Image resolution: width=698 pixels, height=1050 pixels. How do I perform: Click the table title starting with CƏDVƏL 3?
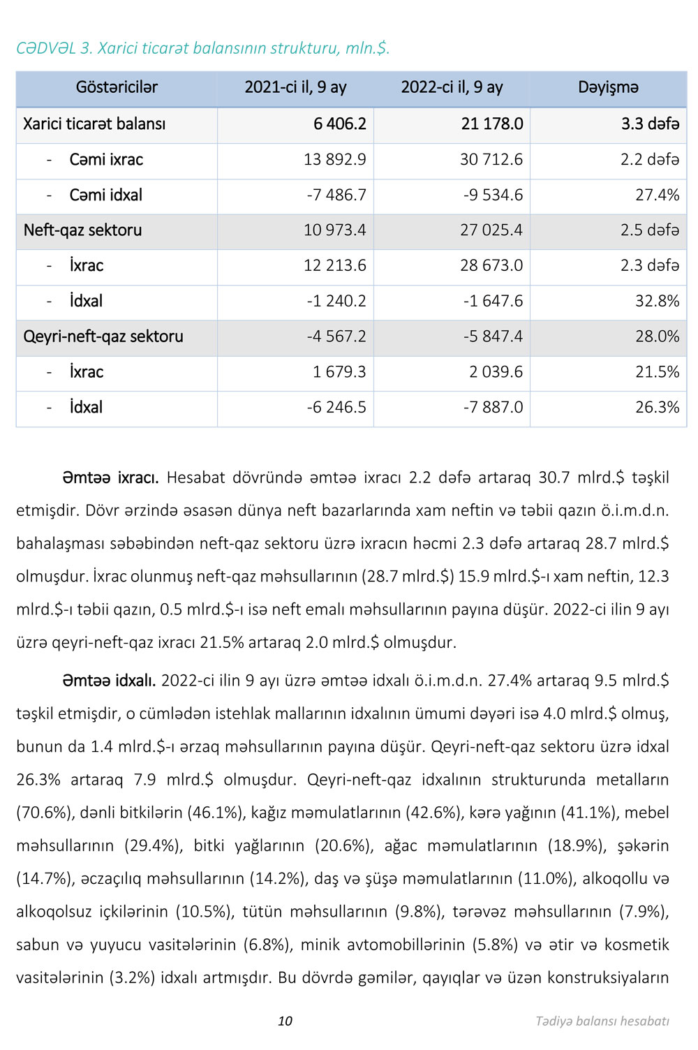click(203, 48)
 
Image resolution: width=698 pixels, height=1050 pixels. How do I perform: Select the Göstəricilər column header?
click(117, 87)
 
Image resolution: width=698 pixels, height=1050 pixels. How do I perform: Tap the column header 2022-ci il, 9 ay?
click(452, 87)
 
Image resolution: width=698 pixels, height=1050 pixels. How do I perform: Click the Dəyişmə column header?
click(608, 87)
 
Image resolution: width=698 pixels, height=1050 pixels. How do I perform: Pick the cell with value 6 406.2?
click(339, 124)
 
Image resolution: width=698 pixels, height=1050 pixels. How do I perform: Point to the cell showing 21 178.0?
click(491, 124)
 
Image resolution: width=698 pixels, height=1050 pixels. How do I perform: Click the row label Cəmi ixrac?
click(106, 160)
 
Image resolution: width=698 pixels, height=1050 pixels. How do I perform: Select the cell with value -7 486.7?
click(336, 195)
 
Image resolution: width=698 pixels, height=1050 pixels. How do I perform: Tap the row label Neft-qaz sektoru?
click(82, 230)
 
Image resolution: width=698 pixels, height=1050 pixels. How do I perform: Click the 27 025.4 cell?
click(491, 230)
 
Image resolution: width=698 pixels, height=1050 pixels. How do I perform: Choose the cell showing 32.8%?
click(657, 301)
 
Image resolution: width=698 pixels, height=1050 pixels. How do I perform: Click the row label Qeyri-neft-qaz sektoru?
click(103, 337)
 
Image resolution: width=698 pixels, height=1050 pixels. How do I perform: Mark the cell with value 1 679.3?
click(339, 372)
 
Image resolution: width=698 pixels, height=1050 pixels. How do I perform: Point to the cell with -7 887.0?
click(493, 407)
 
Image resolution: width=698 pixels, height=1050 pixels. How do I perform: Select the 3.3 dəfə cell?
click(650, 124)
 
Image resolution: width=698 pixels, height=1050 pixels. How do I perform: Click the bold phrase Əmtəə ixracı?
click(110, 478)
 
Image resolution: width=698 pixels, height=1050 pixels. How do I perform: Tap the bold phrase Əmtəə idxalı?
click(109, 681)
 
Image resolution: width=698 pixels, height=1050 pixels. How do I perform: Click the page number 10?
click(285, 1021)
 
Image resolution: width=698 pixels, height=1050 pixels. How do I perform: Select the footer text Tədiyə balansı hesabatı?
click(602, 1021)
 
